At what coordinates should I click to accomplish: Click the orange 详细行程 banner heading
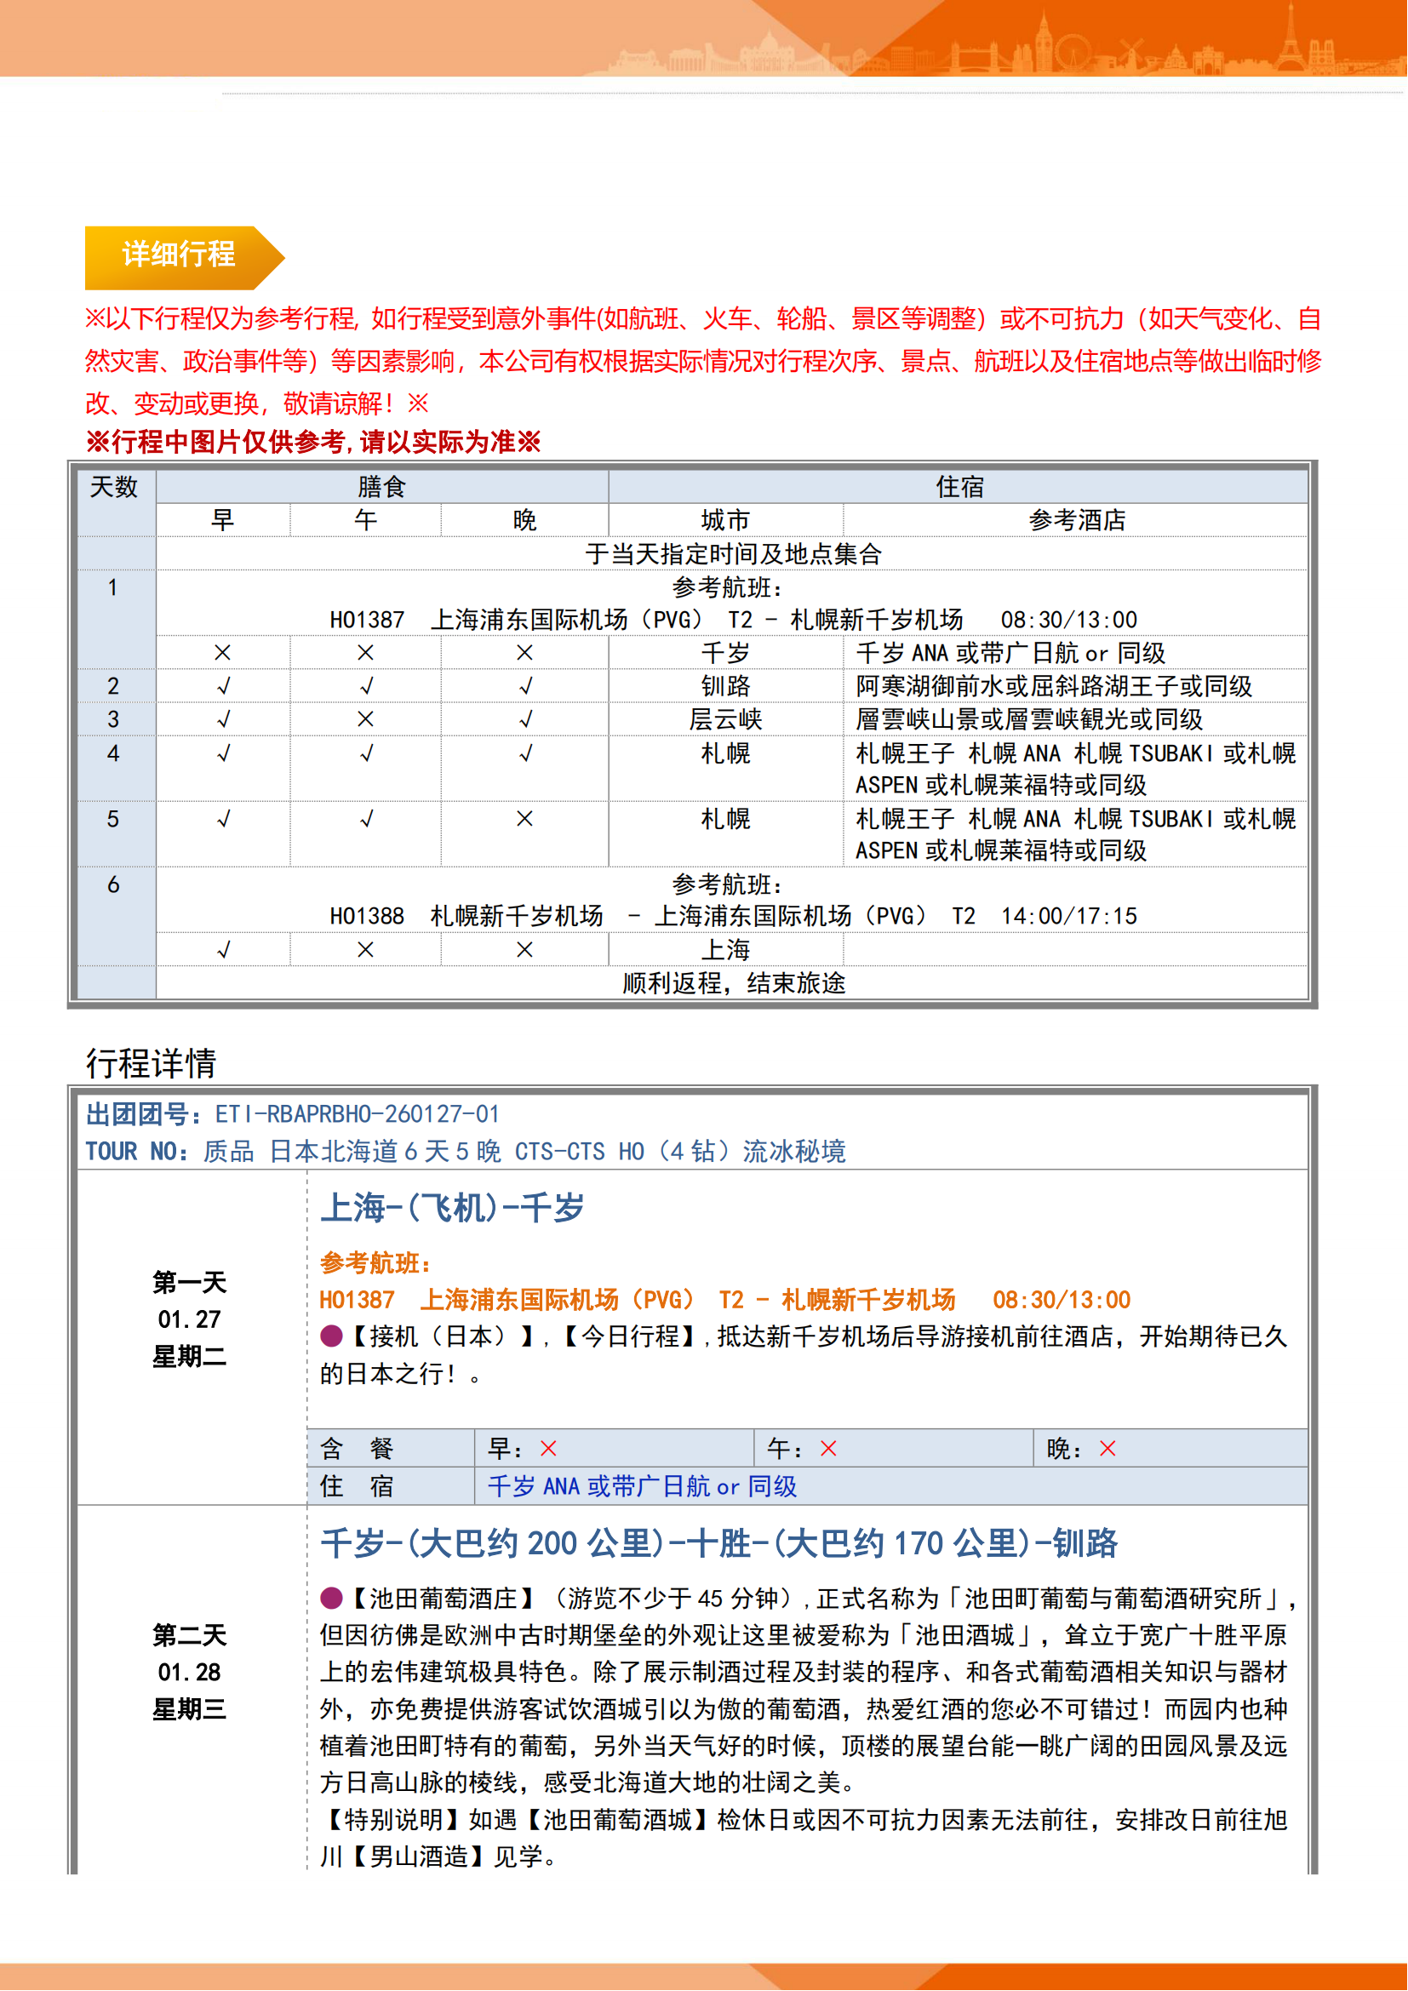point(179,255)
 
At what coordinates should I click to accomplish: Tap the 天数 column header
point(113,488)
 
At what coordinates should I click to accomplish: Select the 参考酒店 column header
point(1076,520)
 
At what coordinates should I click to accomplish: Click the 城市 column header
point(724,520)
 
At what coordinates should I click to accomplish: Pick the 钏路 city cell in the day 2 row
point(724,686)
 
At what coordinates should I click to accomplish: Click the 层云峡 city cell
point(724,719)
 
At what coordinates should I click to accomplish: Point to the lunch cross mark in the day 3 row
point(366,719)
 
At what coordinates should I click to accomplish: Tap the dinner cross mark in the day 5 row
point(524,819)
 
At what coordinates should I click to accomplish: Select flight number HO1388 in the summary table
point(367,917)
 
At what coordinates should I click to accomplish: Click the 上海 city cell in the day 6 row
point(724,950)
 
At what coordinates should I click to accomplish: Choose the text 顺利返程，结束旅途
point(734,983)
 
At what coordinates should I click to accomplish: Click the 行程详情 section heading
point(151,1063)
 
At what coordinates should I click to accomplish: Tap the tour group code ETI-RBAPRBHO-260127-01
point(357,1114)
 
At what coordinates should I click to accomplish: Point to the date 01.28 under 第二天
point(189,1672)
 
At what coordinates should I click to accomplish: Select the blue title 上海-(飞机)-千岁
point(453,1208)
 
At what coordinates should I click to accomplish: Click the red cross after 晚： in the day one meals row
point(1108,1448)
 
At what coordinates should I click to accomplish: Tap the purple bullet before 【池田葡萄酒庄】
point(331,1597)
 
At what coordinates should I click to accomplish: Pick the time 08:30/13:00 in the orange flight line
point(1062,1300)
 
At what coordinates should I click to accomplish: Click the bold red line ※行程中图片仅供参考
point(313,443)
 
